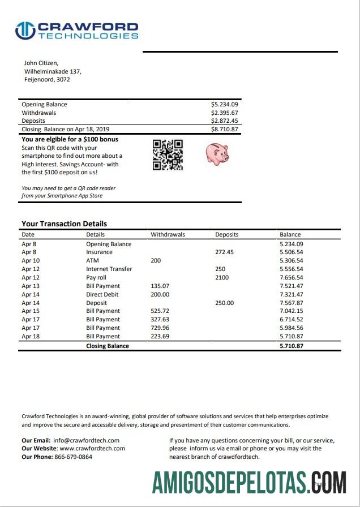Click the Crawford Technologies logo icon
(25, 30)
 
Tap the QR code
(168, 154)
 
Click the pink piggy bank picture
(216, 153)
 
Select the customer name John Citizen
(41, 63)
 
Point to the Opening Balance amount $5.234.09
(224, 104)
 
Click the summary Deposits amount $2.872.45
(224, 121)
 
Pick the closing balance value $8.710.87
(224, 129)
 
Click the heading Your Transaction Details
(64, 224)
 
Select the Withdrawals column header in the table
(168, 234)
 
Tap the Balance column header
(290, 234)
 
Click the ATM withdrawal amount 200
(156, 261)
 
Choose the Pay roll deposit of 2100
(222, 278)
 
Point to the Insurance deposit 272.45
(224, 252)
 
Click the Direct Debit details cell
(102, 294)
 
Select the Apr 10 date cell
(31, 261)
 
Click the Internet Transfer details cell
(109, 269)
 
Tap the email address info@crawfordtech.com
(86, 440)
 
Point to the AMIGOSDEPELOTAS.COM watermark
(249, 482)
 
